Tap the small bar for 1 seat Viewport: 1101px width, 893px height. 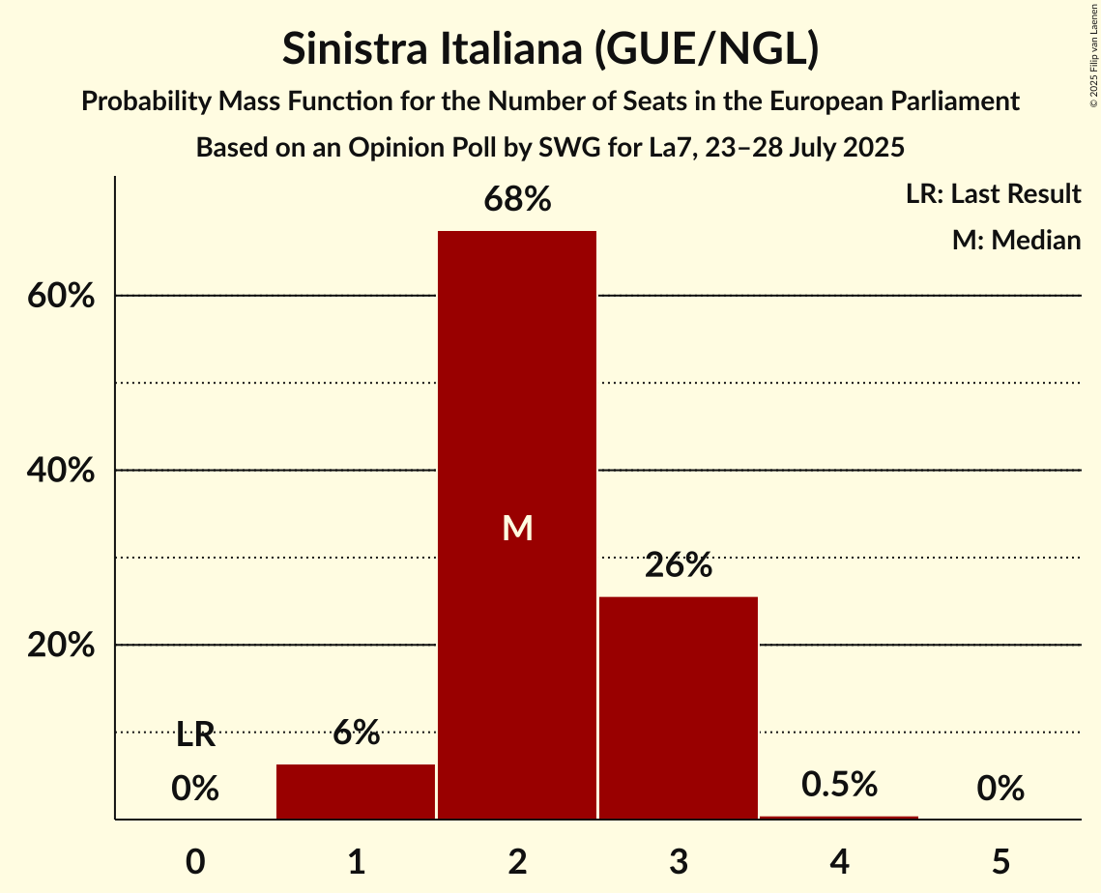[x=356, y=792]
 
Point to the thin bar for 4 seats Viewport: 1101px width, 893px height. [x=839, y=818]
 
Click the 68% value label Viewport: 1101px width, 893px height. [x=517, y=200]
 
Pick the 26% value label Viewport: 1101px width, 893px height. [x=679, y=565]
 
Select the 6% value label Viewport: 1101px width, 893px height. [x=356, y=734]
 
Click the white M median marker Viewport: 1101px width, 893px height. [x=517, y=528]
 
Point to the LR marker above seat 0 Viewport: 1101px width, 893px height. [x=195, y=735]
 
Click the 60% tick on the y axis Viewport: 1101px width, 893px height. [x=61, y=296]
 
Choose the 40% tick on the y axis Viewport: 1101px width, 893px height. [x=61, y=471]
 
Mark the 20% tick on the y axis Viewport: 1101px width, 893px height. [x=61, y=646]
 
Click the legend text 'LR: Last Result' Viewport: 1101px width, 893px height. [x=993, y=194]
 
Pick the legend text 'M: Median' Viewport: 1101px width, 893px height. [x=1016, y=240]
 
